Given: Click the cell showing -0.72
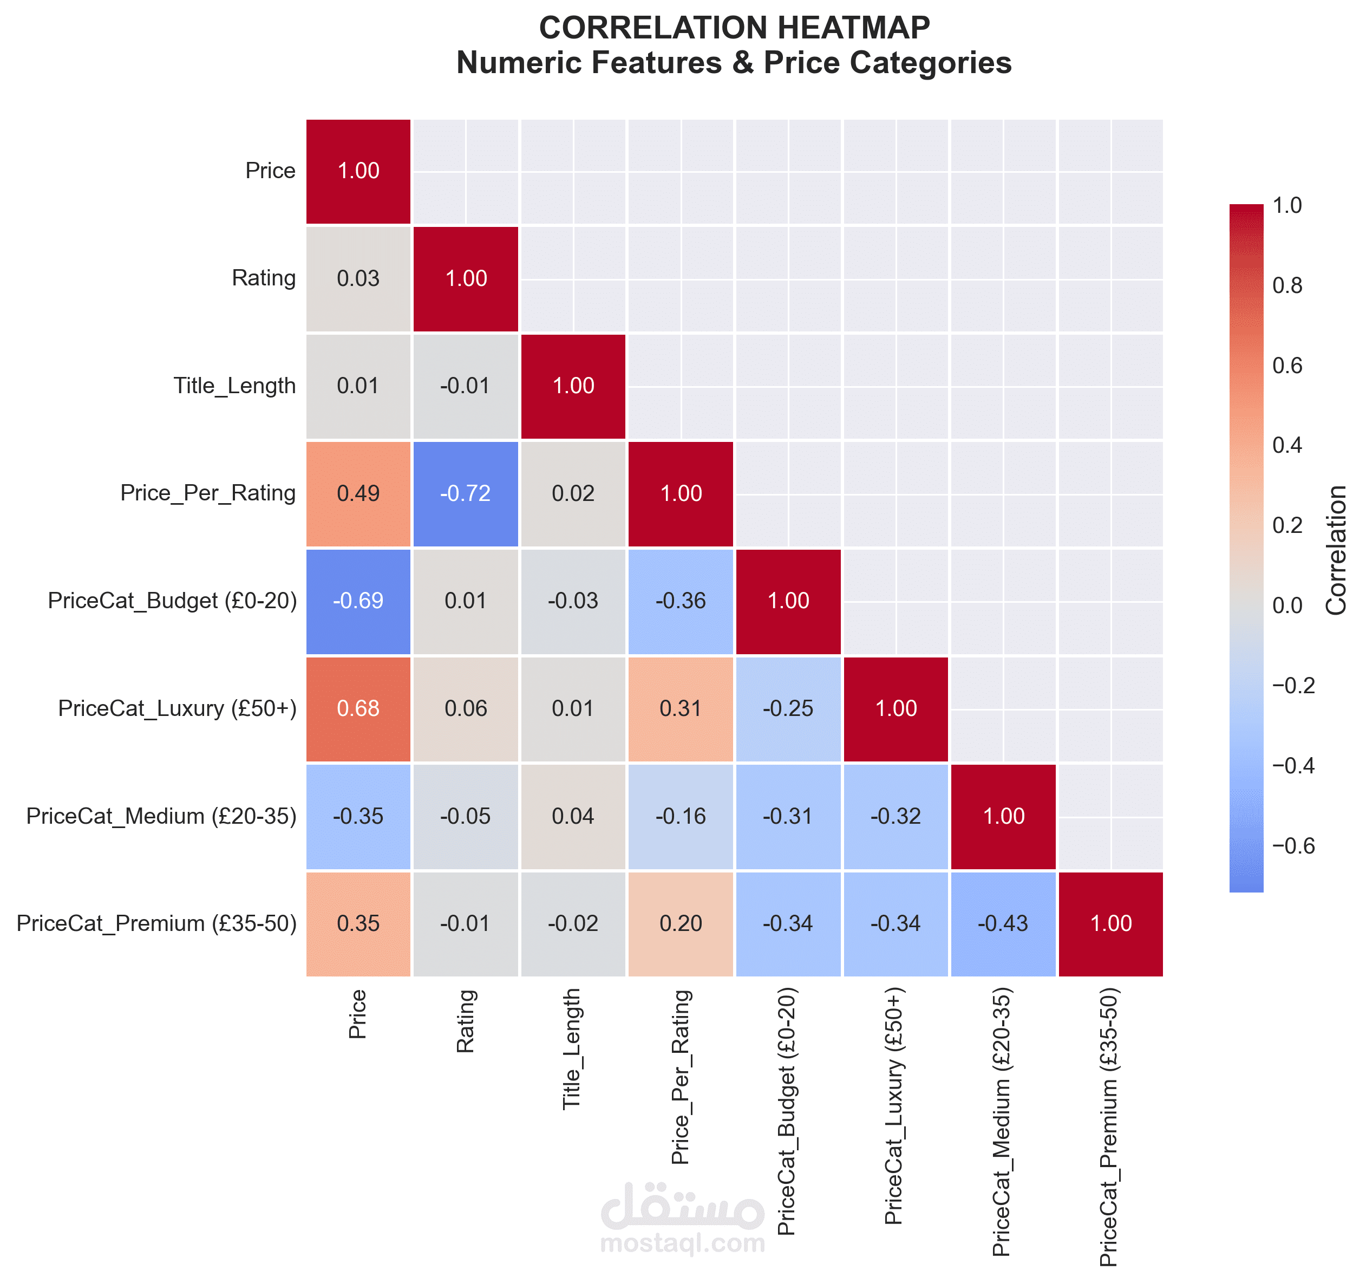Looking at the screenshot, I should coord(466,493).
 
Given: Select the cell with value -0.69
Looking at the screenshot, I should coord(358,601).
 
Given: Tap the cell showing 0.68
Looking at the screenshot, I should coord(358,708).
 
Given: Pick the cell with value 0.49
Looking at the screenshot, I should coord(358,493).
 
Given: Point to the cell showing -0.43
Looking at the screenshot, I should coord(1003,923).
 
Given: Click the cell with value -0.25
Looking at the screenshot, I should coord(788,708).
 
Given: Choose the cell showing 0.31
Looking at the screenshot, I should coord(681,708).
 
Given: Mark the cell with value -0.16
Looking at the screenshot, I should coord(681,816).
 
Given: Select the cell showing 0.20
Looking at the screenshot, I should coord(681,923).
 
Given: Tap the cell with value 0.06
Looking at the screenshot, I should coord(466,708).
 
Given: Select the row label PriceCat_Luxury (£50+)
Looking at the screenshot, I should coord(177,708).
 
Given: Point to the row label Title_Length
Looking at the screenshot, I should coord(234,386).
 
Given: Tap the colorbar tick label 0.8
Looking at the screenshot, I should coord(1287,286).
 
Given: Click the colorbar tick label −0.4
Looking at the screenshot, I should coord(1293,766).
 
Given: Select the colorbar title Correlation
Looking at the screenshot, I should coord(1336,550).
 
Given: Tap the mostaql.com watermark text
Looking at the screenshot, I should coord(682,1243).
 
